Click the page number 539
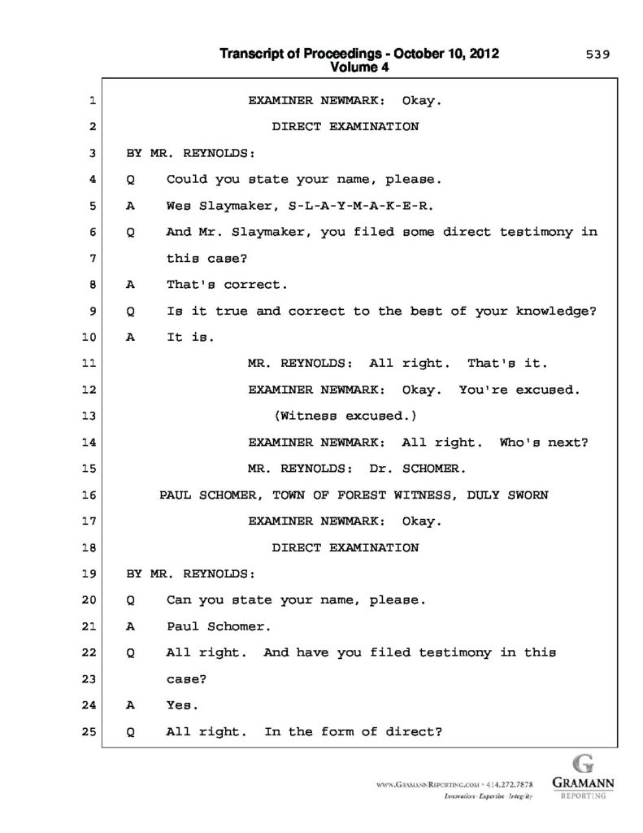point(598,55)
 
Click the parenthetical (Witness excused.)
point(345,416)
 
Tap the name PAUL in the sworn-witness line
point(175,495)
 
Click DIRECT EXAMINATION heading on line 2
point(345,126)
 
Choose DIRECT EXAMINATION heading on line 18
point(345,547)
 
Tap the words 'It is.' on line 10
point(187,337)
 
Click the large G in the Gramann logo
point(582,765)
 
